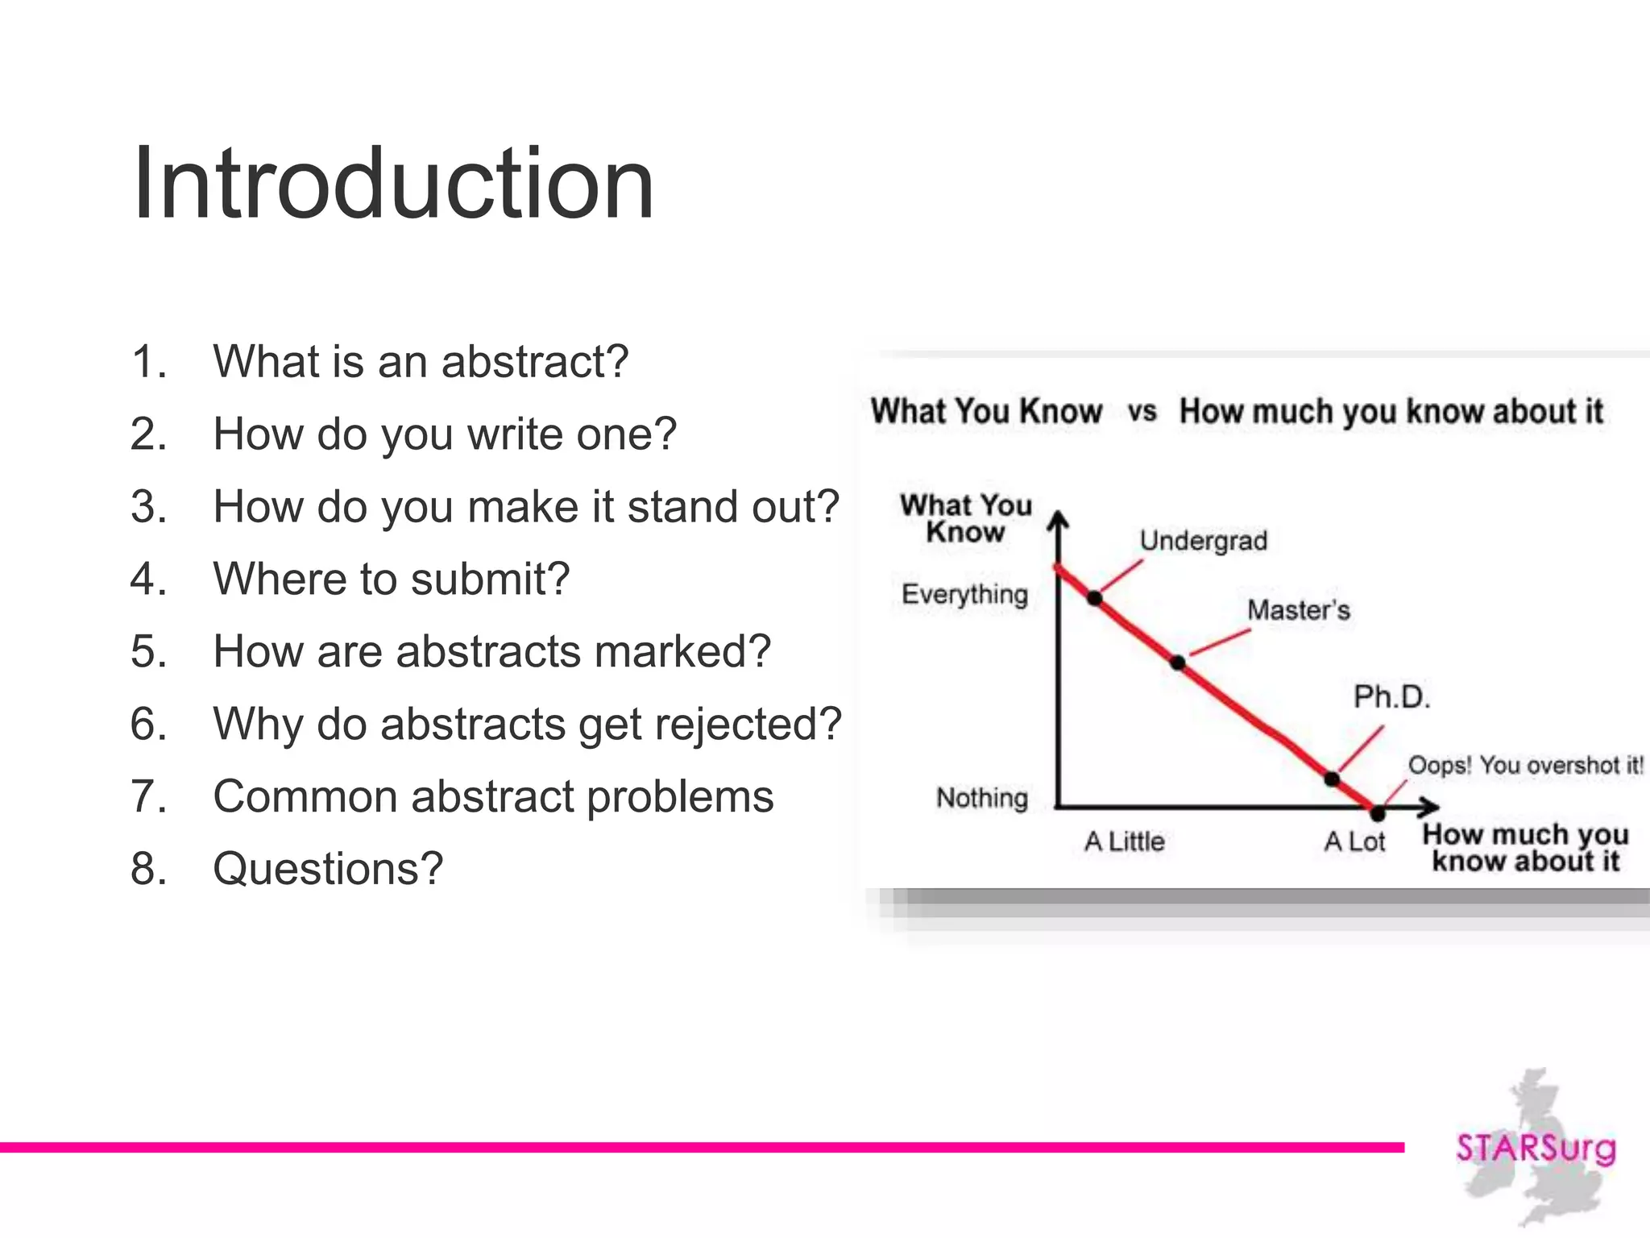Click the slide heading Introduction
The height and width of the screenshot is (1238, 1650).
coord(393,184)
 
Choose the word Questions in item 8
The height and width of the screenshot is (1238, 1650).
coord(328,870)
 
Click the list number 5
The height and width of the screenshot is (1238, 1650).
coord(148,652)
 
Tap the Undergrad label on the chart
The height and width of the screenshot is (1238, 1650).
coord(1203,541)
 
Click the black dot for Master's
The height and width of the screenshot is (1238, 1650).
coord(1178,663)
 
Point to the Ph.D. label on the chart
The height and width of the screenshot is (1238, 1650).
coord(1391,697)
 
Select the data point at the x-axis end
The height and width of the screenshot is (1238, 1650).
coord(1378,813)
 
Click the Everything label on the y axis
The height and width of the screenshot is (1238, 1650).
coord(964,595)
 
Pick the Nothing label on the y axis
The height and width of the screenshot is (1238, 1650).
coord(981,798)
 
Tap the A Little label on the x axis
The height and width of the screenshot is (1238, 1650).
coord(1124,842)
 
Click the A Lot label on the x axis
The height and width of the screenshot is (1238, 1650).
coord(1354,842)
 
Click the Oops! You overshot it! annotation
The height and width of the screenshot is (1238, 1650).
coord(1525,765)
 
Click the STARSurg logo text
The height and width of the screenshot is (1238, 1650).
coord(1536,1148)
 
